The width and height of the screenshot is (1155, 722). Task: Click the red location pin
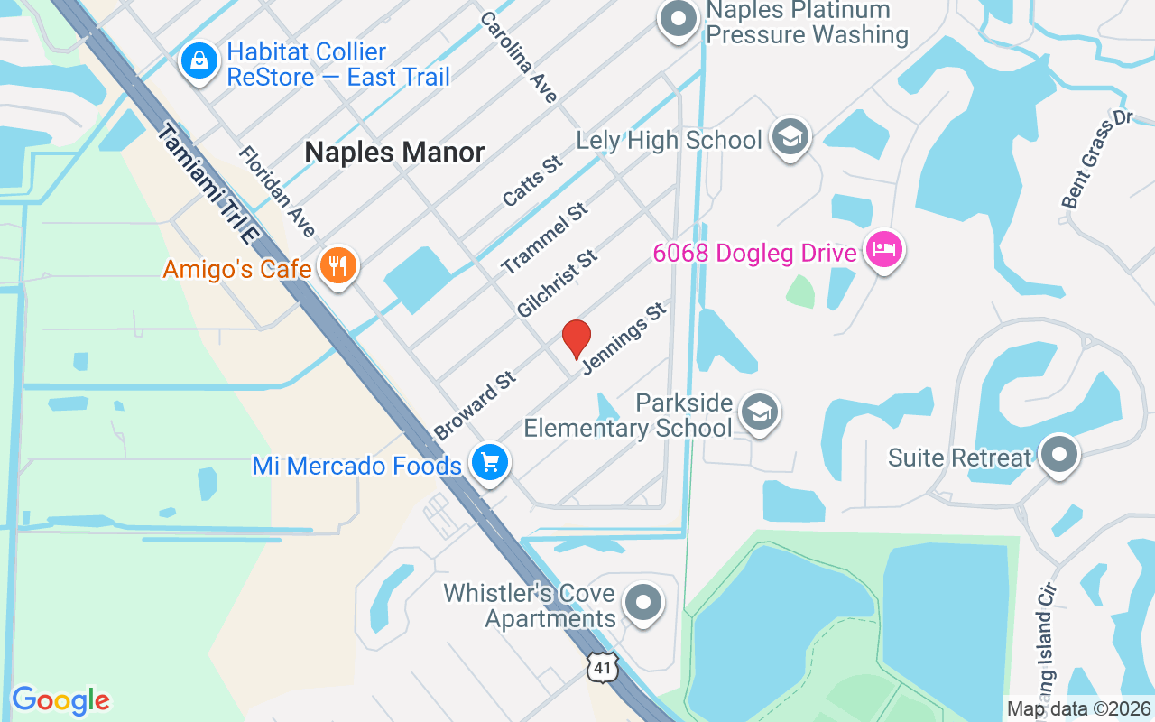pos(577,338)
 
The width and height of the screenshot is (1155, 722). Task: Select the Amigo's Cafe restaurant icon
pos(338,267)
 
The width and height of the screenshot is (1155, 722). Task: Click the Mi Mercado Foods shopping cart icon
pos(490,463)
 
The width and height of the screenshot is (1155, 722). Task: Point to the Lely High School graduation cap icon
pos(790,137)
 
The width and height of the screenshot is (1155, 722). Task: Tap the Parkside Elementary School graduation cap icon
pos(759,412)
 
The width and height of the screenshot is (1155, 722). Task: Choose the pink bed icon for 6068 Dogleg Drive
pos(883,249)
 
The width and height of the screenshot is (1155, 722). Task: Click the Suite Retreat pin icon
pos(1059,454)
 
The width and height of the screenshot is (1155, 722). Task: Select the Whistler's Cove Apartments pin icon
pos(643,602)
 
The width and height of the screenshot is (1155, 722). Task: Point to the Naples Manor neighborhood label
pos(394,152)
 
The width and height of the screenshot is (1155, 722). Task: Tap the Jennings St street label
pos(624,339)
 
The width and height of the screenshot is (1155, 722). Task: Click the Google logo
pos(60,700)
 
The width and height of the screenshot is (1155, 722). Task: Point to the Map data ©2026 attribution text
pos(1078,709)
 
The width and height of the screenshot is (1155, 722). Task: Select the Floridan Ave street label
pos(277,192)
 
